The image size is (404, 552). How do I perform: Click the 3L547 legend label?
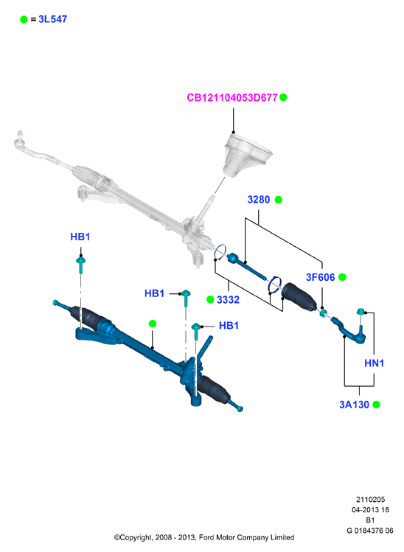(x=53, y=19)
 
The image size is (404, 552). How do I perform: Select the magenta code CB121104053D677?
(x=232, y=97)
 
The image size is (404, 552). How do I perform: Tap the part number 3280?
(x=259, y=200)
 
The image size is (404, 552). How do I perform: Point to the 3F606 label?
(x=320, y=277)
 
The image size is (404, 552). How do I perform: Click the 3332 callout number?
(x=228, y=300)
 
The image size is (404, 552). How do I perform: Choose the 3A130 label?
(x=354, y=405)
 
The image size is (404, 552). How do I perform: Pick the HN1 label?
(x=374, y=363)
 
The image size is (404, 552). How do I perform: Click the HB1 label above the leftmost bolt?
(x=80, y=237)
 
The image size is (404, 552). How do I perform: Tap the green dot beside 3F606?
(x=342, y=277)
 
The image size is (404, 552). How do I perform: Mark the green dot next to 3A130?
(x=376, y=405)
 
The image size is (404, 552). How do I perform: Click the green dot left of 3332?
(x=210, y=300)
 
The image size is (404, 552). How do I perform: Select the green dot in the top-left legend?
(x=24, y=19)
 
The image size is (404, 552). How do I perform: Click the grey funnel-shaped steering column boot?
(x=246, y=155)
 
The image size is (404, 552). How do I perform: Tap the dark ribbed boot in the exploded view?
(x=299, y=296)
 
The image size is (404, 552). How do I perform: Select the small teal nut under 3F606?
(x=323, y=312)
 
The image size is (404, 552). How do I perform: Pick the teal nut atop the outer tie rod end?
(x=361, y=311)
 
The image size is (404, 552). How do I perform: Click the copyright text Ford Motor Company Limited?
(x=246, y=537)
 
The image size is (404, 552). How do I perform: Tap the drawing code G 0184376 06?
(x=370, y=531)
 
